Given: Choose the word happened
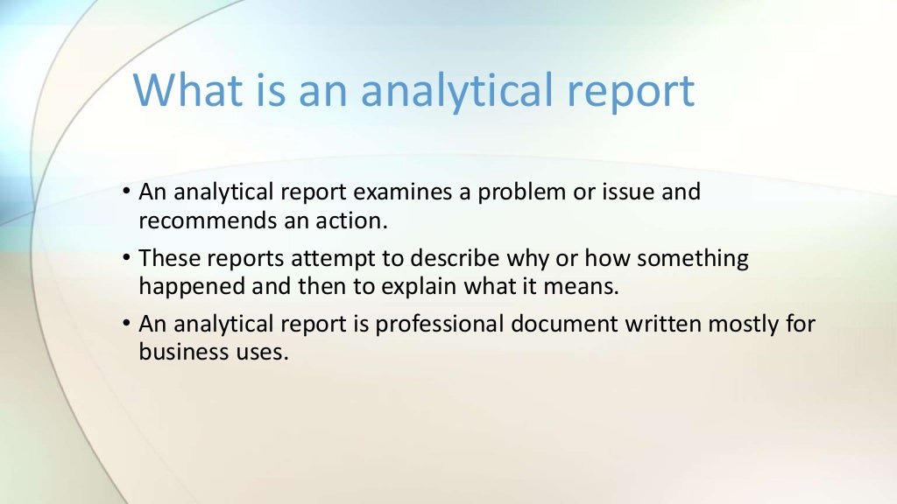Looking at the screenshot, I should [190, 287].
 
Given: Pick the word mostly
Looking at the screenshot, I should [738, 325].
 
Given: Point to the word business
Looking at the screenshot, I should [179, 353].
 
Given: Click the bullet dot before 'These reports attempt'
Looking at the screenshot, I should [128, 259].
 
